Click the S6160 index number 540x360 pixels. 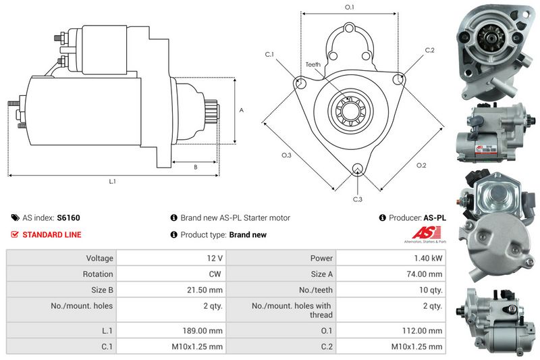68,218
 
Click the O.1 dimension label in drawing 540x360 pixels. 350,7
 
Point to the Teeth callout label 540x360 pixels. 313,64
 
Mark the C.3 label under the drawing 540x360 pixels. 358,199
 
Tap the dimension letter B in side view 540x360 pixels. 195,167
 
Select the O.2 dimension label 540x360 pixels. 421,165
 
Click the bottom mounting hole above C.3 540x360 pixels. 358,170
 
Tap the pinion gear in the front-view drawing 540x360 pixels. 350,109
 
